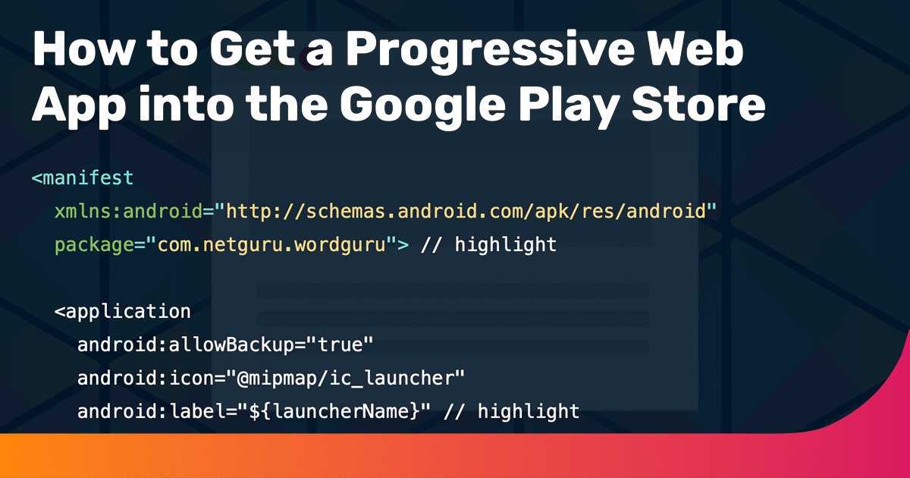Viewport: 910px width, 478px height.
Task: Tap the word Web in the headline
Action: coord(695,48)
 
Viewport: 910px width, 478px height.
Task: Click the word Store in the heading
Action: coord(698,103)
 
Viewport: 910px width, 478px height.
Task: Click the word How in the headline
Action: coord(83,49)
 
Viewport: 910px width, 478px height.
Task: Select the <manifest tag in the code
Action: coord(83,178)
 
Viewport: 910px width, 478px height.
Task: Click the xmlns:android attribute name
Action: coord(129,212)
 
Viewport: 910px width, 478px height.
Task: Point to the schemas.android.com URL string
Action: coord(465,212)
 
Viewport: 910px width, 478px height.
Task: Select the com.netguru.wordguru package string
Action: coord(271,245)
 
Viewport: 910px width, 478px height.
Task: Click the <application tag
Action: coord(123,311)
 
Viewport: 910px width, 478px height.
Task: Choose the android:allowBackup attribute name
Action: coord(186,344)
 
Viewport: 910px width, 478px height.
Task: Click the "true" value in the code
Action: coord(339,344)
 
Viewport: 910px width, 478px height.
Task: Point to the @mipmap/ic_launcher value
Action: coord(350,379)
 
